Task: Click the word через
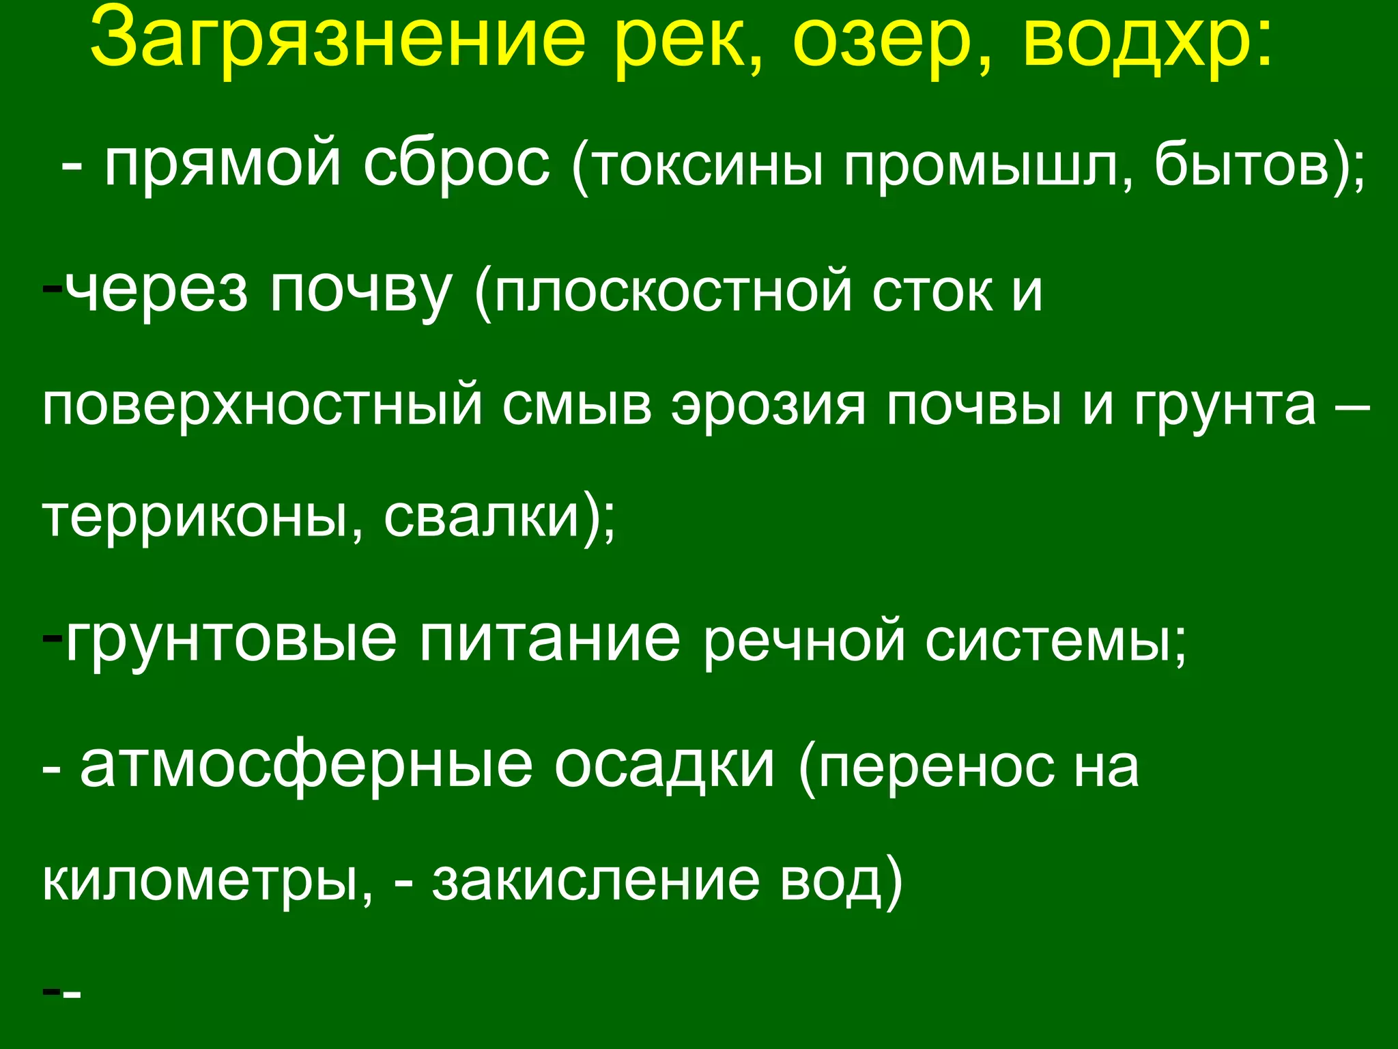(x=157, y=290)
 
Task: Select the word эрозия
(x=768, y=407)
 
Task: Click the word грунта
(x=1225, y=407)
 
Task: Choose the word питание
(x=550, y=640)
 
